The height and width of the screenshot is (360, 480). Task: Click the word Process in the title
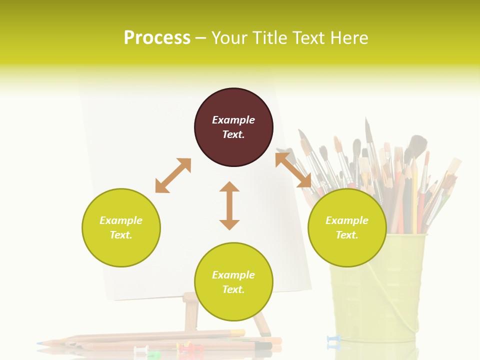pos(157,38)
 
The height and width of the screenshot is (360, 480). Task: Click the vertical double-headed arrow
pos(229,205)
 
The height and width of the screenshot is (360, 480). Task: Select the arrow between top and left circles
pos(173,175)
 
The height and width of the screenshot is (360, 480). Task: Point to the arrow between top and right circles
pos(293,170)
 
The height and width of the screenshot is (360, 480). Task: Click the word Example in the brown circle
pos(233,120)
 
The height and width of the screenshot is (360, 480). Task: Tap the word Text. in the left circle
pos(121,235)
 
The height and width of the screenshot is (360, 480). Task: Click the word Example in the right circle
pos(347,220)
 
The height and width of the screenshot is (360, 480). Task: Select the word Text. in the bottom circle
pos(233,289)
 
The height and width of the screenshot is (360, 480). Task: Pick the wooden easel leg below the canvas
pos(190,312)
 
